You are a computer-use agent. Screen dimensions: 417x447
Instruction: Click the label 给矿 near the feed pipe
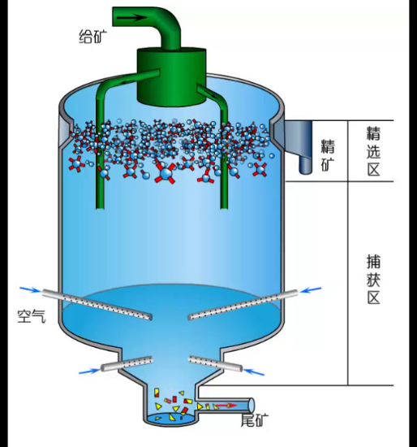pyautogui.click(x=92, y=37)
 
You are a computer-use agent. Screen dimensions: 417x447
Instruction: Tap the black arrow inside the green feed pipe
pyautogui.click(x=131, y=18)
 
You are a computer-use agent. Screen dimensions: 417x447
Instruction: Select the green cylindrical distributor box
pyautogui.click(x=172, y=77)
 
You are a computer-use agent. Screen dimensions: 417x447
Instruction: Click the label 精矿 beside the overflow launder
pyautogui.click(x=328, y=155)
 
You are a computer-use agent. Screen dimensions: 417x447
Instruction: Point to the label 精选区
pyautogui.click(x=373, y=151)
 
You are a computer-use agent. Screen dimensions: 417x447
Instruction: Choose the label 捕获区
pyautogui.click(x=373, y=280)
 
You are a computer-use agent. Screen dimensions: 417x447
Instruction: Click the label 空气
pyautogui.click(x=32, y=316)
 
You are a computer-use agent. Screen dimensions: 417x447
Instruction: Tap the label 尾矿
pyautogui.click(x=255, y=420)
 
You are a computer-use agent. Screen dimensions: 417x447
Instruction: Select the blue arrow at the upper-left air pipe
pyautogui.click(x=31, y=289)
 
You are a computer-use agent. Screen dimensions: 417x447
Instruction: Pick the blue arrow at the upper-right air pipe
pyautogui.click(x=311, y=290)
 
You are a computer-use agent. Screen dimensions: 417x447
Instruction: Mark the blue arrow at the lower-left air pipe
pyautogui.click(x=89, y=371)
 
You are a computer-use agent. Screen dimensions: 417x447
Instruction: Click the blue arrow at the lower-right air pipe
pyautogui.click(x=254, y=372)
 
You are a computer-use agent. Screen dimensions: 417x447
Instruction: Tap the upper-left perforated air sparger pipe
pyautogui.click(x=97, y=305)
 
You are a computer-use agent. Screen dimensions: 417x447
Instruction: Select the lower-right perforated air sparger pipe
pyautogui.click(x=216, y=364)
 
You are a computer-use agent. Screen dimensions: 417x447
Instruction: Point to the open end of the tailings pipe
pyautogui.click(x=251, y=405)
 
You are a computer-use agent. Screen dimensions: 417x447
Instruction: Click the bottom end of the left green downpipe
pyautogui.click(x=101, y=206)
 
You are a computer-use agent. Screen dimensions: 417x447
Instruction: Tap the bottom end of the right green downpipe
pyautogui.click(x=224, y=206)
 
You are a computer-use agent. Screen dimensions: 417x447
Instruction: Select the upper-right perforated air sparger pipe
pyautogui.click(x=243, y=305)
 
